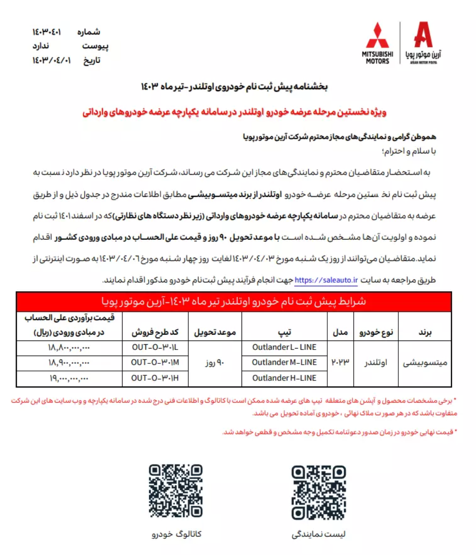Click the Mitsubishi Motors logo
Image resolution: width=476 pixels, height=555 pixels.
tap(377, 43)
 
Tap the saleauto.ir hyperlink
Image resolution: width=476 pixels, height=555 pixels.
tap(326, 280)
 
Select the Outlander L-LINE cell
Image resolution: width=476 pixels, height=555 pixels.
tap(285, 348)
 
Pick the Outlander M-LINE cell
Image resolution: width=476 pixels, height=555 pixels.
tap(285, 363)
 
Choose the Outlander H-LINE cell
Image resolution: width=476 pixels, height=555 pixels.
tap(285, 378)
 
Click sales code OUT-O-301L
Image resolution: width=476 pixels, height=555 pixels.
tap(155, 348)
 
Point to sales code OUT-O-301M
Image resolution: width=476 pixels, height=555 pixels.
tap(155, 363)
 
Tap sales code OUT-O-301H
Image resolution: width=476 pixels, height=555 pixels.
tap(155, 378)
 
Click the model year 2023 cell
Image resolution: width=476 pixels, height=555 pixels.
tap(341, 362)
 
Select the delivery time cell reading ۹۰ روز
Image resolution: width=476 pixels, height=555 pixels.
tap(215, 363)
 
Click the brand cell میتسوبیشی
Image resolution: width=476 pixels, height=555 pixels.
tap(425, 363)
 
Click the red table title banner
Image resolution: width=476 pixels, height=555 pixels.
tap(234, 301)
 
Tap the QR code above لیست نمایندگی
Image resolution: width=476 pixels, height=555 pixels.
tap(318, 492)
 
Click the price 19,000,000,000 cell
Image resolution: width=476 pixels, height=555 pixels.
tap(69, 378)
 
